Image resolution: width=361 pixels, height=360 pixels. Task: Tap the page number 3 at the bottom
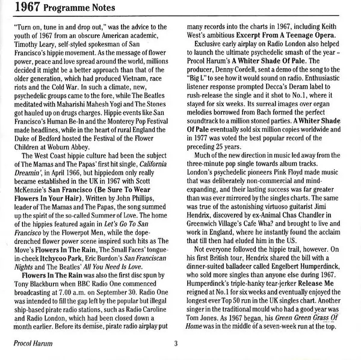tap(176, 344)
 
